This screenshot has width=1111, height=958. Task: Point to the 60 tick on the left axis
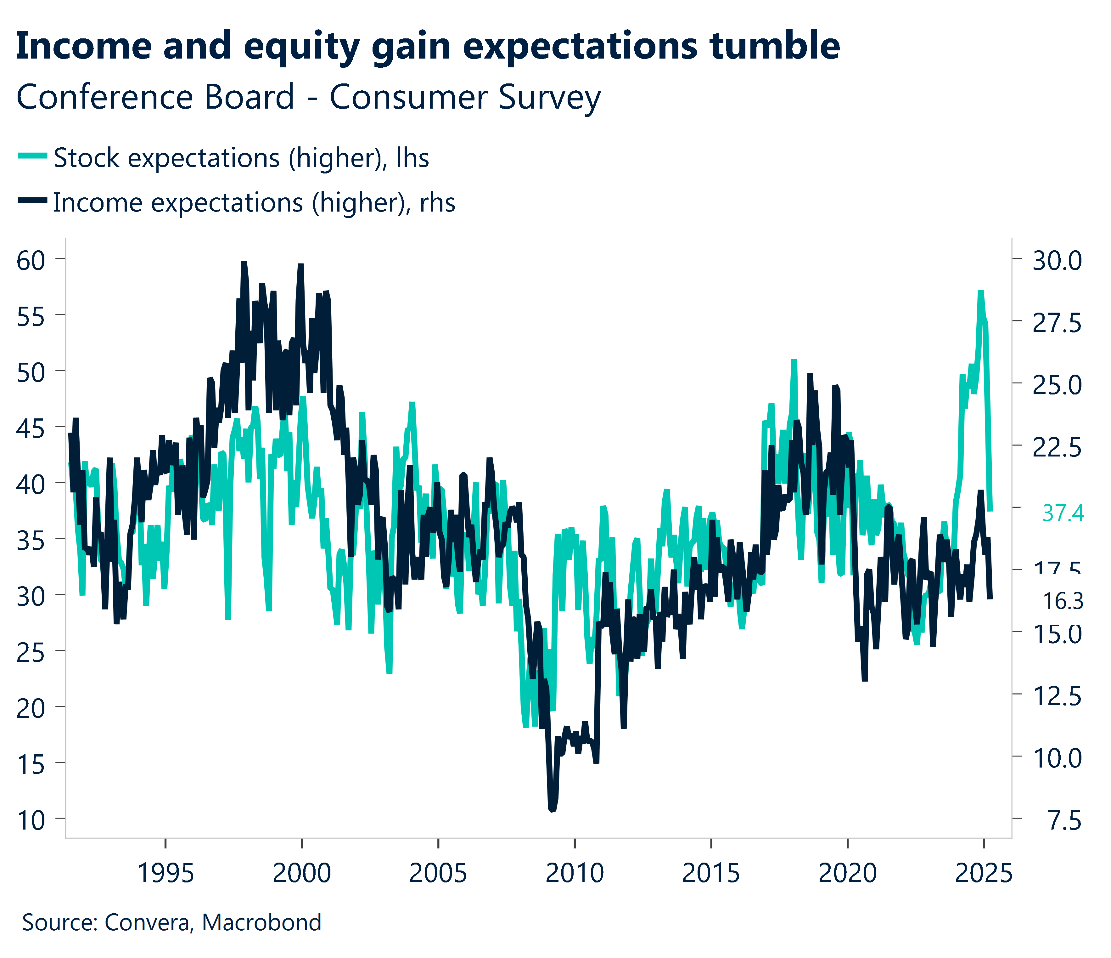[31, 261]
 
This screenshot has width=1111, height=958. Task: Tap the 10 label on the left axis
[31, 821]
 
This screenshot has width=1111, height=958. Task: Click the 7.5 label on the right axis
[1064, 821]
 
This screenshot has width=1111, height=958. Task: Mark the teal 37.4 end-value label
[1063, 514]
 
